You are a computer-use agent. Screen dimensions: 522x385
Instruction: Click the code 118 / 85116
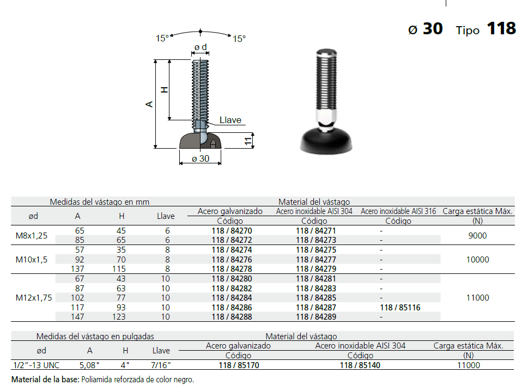400,308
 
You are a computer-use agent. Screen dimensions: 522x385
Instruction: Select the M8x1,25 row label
32,236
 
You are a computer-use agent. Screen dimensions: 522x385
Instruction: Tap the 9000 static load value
477,236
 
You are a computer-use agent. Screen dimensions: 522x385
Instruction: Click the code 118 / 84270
232,230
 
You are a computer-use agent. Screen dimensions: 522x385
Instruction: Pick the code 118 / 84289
316,317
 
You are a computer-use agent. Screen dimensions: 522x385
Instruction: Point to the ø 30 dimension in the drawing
201,158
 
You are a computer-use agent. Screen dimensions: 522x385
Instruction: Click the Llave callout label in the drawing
230,120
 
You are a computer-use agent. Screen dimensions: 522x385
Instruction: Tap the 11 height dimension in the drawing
248,140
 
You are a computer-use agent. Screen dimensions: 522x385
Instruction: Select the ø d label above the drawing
201,47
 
